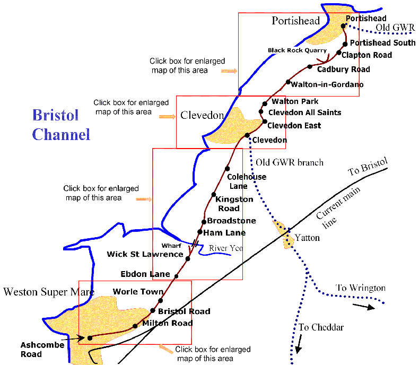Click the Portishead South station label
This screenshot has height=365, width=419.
coord(383,43)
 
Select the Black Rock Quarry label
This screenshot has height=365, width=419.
coord(297,50)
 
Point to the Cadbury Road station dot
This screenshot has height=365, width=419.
coord(310,66)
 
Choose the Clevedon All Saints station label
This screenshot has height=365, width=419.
coord(304,112)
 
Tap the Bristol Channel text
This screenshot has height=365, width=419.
coord(61,125)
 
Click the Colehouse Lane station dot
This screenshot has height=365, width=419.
coord(227,168)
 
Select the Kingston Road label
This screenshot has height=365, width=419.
coord(234,204)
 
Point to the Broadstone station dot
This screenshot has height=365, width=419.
coord(204,221)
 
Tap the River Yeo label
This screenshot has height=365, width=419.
coord(225,248)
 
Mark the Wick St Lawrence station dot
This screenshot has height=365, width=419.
coord(188,258)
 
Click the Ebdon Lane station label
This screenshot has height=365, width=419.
coord(145,274)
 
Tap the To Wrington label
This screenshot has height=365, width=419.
coord(361,288)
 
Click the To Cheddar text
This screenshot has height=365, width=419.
coord(321,327)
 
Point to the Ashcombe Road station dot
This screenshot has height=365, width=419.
coord(90,337)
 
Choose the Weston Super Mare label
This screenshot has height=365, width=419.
coord(49,292)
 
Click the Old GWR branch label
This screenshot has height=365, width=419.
coord(289,162)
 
